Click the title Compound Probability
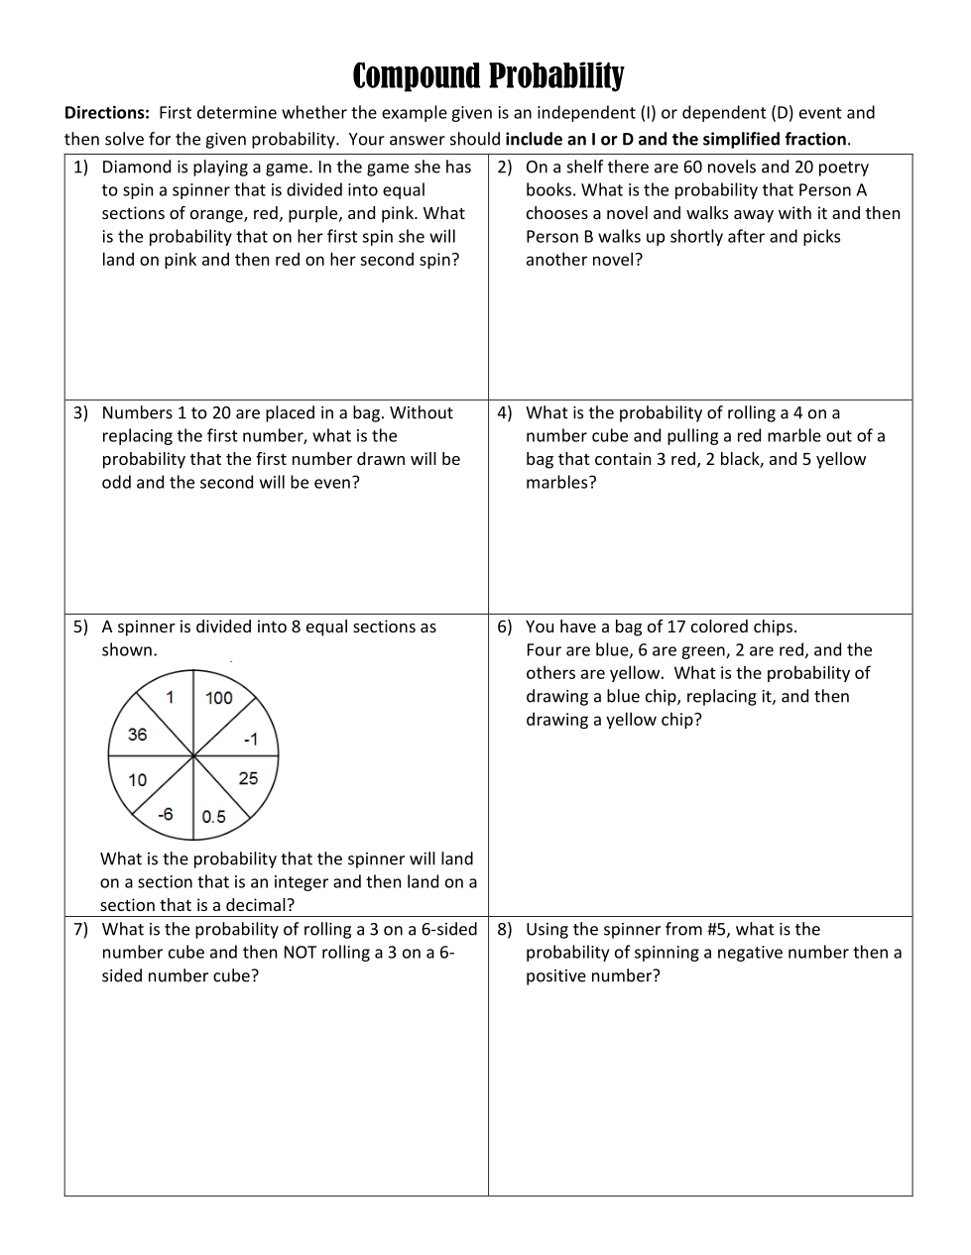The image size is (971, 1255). [488, 75]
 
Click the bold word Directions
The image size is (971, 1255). [106, 113]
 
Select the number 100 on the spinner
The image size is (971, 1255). [219, 698]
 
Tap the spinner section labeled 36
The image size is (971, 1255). [137, 735]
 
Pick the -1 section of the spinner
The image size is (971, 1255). [250, 740]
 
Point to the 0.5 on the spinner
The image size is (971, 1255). [213, 817]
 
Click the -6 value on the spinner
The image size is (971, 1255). [165, 814]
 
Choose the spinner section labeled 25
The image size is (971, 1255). [248, 778]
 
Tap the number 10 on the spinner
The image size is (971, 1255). [137, 780]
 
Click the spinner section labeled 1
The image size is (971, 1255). [170, 698]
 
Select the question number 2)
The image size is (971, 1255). [505, 168]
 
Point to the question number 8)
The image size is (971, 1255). [505, 930]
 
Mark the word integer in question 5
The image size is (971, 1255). [298, 882]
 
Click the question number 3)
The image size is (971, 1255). [80, 413]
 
